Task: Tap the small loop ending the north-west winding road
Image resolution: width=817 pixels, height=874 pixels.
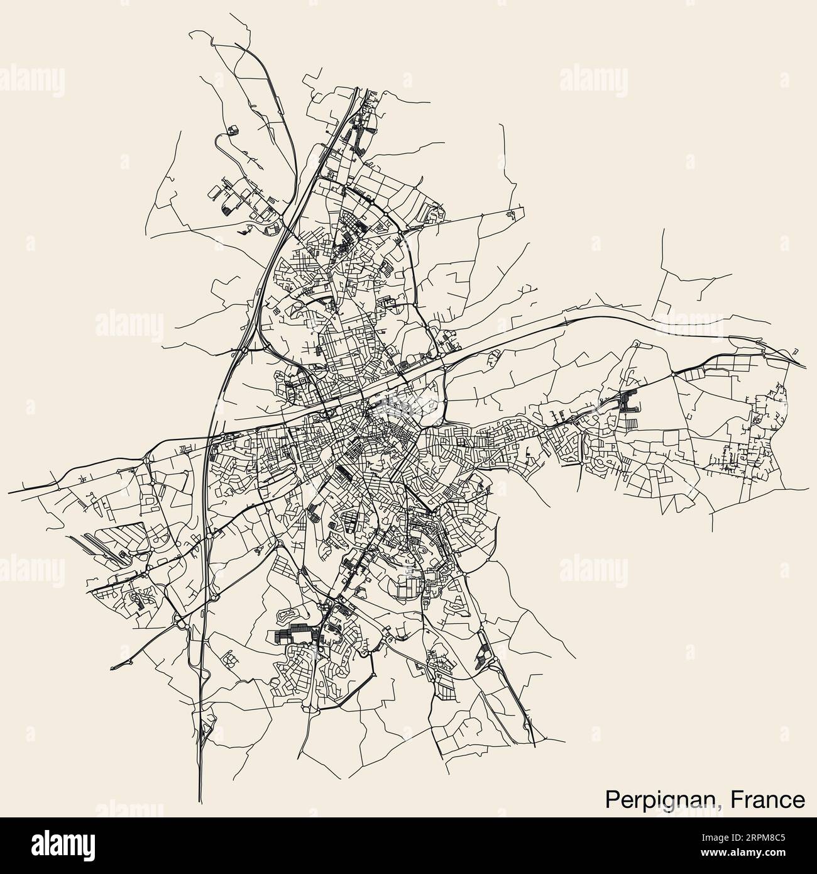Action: [x=233, y=130]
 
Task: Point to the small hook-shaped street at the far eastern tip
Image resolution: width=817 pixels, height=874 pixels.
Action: [x=795, y=350]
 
